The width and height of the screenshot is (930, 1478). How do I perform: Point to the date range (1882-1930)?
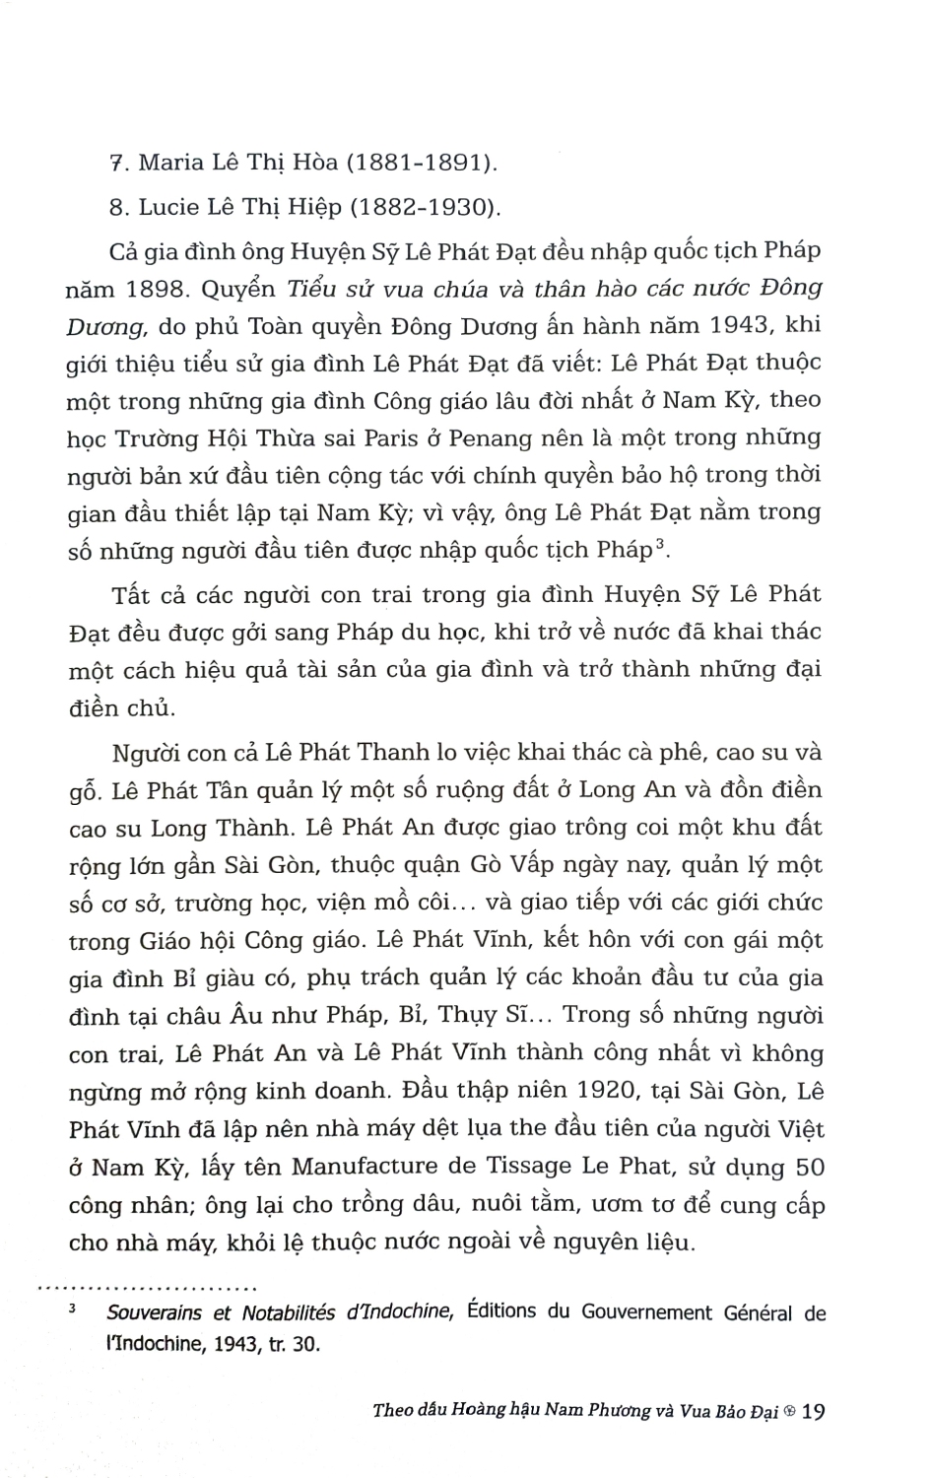click(x=427, y=207)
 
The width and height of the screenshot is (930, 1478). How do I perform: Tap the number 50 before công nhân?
click(x=809, y=1167)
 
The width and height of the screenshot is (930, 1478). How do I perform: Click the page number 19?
click(x=814, y=1411)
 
